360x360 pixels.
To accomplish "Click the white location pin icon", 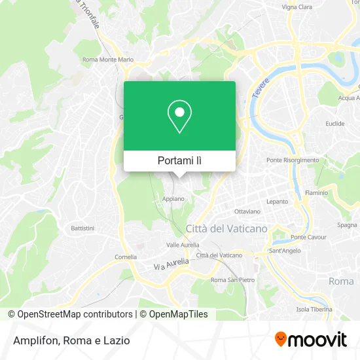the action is pos(179,117).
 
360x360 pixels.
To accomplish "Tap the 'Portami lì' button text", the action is pos(179,160).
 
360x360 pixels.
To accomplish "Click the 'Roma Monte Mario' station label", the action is pos(108,60).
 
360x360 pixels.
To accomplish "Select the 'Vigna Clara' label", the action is pos(297,7).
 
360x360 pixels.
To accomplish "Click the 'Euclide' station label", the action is pos(334,123).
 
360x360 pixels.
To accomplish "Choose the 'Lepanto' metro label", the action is pos(277,202).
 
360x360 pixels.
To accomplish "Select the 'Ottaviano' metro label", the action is pos(247,211).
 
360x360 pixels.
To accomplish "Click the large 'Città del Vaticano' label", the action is pos(226,228).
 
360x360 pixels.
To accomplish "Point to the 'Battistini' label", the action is pos(83,228).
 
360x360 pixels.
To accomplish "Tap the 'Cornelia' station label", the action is pos(125,257).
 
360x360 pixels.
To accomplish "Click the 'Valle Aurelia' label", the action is pos(183,244).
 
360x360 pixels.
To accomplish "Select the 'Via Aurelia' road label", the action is pos(171,264).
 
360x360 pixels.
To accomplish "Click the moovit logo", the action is pos(310,340).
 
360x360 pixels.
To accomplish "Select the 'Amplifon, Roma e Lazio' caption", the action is pos(69,340).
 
